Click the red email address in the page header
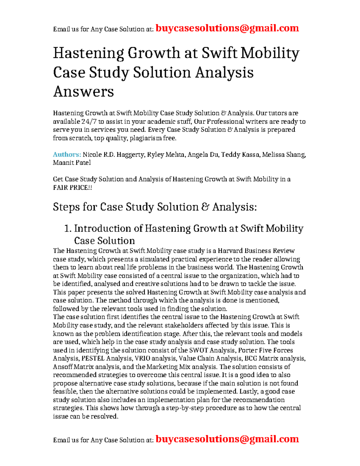pyautogui.click(x=227, y=28)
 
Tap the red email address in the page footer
pyautogui.click(x=227, y=439)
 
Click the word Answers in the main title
pyautogui.click(x=83, y=92)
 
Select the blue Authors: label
pyautogui.click(x=67, y=155)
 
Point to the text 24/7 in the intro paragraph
pyautogui.click(x=89, y=122)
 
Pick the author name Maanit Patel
pyautogui.click(x=72, y=163)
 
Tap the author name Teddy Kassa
pyautogui.click(x=240, y=155)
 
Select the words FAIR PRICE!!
pyautogui.click(x=72, y=188)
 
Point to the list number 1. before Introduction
pyautogui.click(x=68, y=229)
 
